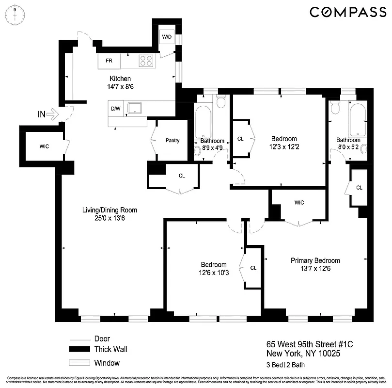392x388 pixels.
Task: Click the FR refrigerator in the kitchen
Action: coord(109,61)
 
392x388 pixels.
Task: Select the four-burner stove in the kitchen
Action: coord(147,61)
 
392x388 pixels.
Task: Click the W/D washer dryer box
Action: coord(167,37)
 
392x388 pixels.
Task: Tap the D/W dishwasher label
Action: coord(115,109)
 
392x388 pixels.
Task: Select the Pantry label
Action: coord(172,141)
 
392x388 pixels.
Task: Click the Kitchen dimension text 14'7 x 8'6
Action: coord(120,87)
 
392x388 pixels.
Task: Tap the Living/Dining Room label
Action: coord(110,210)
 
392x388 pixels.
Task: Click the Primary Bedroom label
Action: coord(315,260)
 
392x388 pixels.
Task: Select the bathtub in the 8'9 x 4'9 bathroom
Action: coord(203,121)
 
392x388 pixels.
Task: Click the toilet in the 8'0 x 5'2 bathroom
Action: coord(334,109)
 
